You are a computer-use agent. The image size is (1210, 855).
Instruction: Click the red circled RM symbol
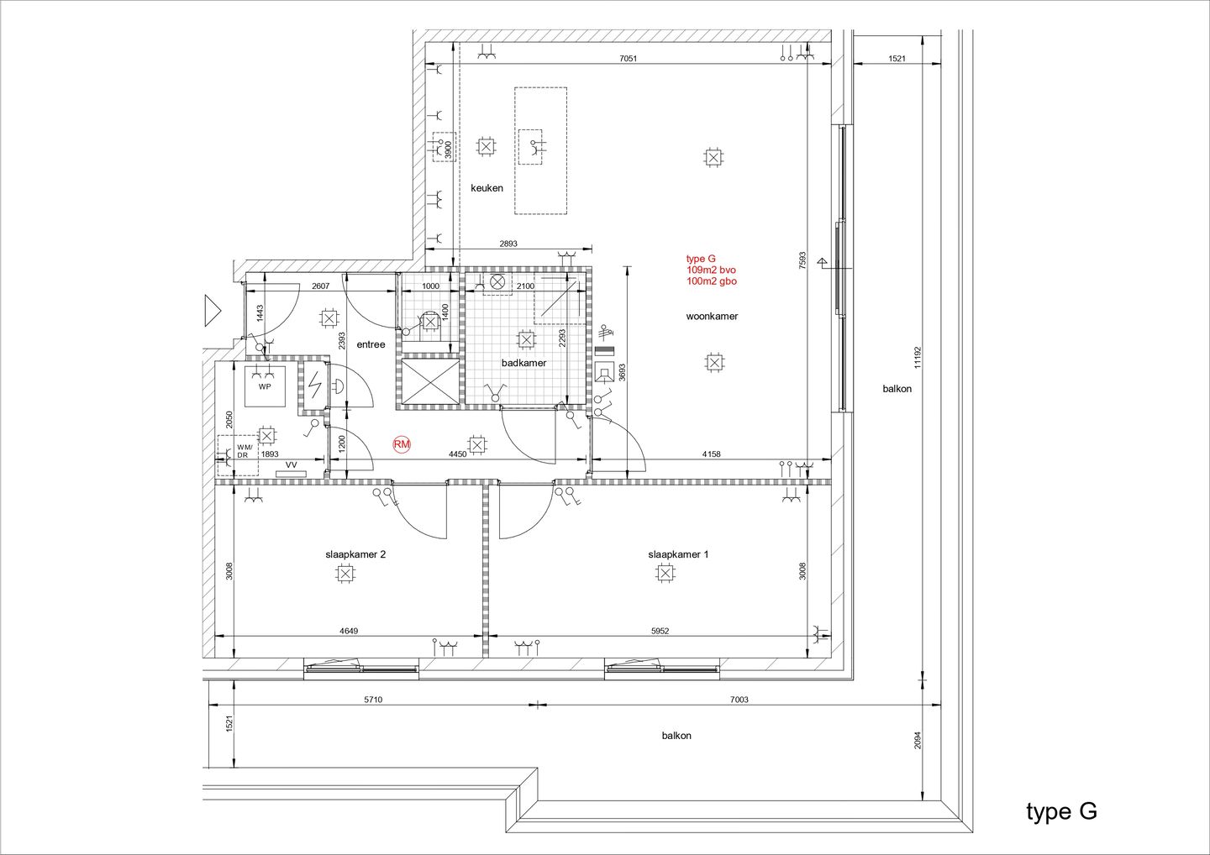402,444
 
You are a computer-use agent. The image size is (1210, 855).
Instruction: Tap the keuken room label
487,188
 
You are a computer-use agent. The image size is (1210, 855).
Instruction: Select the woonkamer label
712,317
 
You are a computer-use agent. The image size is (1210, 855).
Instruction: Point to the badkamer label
524,363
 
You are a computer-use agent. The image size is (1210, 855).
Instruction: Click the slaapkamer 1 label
678,554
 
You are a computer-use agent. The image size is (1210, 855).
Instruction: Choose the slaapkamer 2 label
355,554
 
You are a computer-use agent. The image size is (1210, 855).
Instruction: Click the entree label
371,344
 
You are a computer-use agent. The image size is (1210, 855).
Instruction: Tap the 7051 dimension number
629,58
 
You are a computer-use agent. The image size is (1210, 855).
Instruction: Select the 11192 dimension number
918,358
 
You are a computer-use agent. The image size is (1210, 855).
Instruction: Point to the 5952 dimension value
660,631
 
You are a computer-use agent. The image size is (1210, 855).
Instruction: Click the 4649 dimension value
349,631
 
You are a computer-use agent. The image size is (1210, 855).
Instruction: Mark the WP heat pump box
265,386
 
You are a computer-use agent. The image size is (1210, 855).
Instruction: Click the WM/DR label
245,451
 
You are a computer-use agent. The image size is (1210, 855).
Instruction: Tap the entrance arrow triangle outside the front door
213,311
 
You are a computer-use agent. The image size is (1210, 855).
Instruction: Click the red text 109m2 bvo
711,270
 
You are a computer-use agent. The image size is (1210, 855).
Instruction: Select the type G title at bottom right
1061,812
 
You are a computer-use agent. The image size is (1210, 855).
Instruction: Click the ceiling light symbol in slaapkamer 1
665,574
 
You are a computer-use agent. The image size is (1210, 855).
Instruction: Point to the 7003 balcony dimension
739,700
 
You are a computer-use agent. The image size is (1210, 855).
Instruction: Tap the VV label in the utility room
291,464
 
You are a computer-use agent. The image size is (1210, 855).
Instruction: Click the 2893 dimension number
508,244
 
